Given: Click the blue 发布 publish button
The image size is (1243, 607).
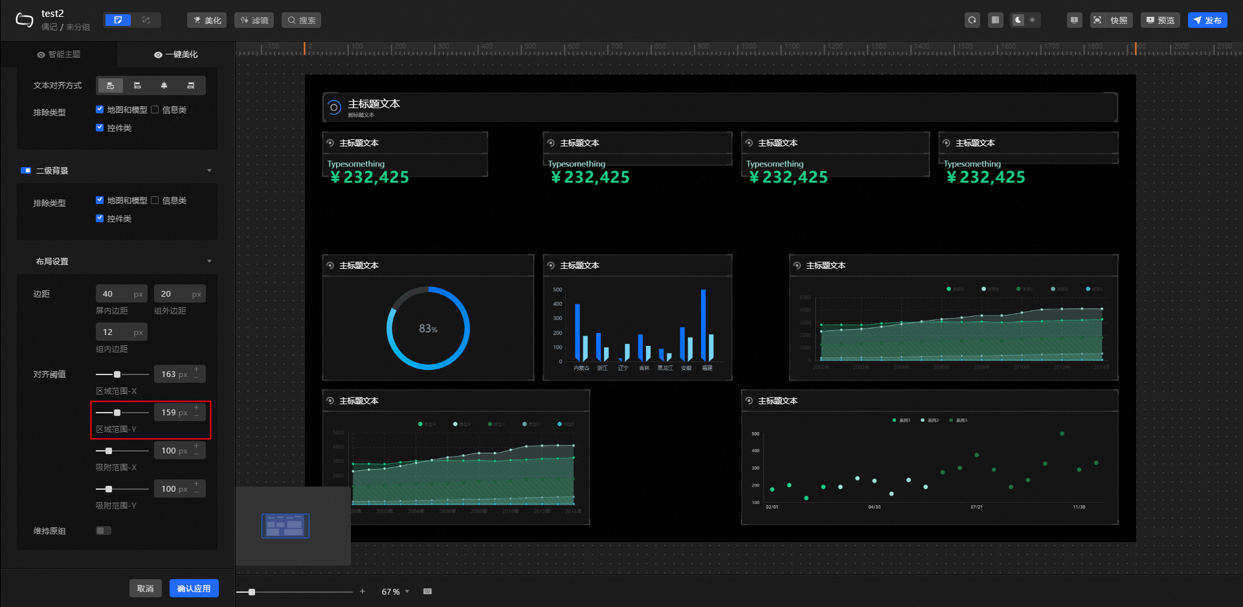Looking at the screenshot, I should (1207, 20).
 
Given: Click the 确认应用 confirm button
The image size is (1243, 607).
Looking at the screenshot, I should (194, 588).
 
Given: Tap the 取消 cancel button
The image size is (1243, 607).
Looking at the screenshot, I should (145, 588).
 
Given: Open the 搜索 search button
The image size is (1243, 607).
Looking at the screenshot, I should (302, 20).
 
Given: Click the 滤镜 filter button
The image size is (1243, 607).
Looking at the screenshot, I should (254, 20).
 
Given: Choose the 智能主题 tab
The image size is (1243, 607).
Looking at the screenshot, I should (59, 54).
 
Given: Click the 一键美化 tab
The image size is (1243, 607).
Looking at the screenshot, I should (176, 54).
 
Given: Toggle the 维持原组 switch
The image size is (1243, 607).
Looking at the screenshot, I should (104, 531).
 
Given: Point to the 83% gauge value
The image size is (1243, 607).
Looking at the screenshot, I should (428, 328).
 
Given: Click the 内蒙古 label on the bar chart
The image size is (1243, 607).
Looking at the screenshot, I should (581, 368).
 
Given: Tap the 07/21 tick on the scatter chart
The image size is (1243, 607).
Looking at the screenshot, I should (976, 507).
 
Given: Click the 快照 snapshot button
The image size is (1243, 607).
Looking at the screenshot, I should (1112, 20).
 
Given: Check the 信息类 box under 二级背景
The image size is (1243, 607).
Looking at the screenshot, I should (155, 200).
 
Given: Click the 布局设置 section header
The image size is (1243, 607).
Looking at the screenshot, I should (52, 261).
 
